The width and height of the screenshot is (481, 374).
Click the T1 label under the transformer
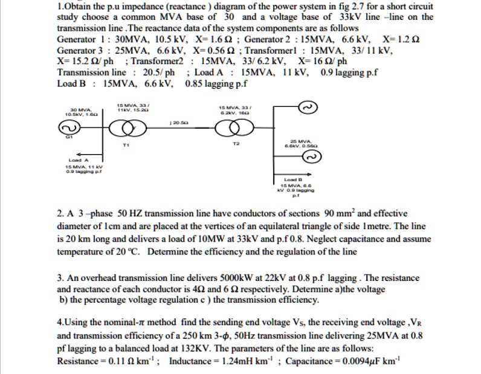pos(126,146)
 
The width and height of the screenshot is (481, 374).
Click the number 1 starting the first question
pos(59,6)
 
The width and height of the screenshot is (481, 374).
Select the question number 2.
pos(59,213)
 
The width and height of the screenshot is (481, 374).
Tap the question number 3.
pos(59,278)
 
